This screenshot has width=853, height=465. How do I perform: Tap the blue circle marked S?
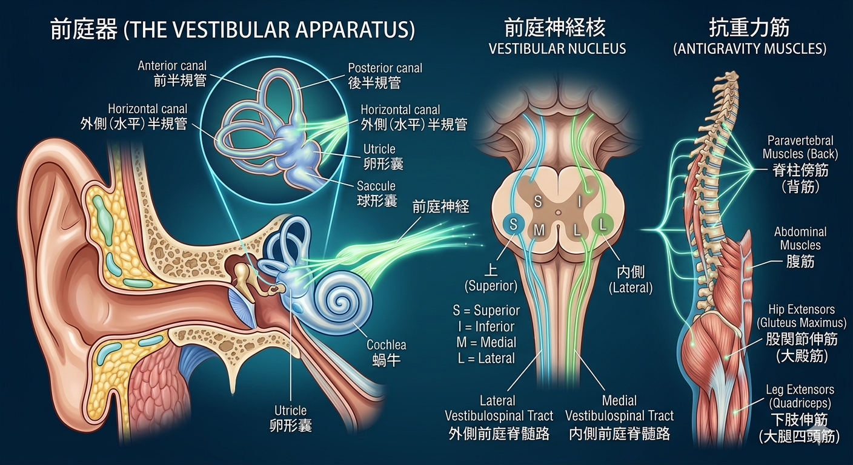tap(514, 225)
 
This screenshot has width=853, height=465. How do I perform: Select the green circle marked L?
tap(603, 225)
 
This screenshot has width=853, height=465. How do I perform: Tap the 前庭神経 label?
tap(440, 206)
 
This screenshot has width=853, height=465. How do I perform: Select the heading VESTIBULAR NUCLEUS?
tap(557, 48)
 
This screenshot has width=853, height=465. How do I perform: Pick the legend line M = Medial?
tap(486, 342)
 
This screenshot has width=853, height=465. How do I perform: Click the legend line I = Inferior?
tap(486, 326)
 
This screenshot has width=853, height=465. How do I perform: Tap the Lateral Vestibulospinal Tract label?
tap(499, 417)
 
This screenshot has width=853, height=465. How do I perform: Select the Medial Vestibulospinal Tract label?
tap(619, 417)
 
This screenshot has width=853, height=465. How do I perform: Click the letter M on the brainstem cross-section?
tap(539, 230)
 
